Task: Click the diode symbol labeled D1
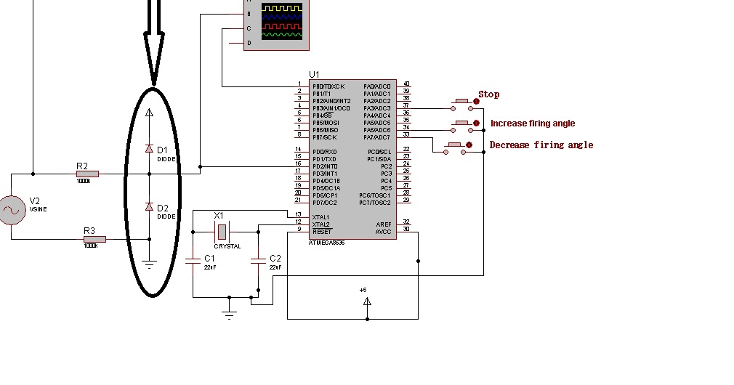(149, 149)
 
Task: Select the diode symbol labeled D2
(149, 207)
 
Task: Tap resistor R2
(86, 174)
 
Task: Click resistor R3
(94, 239)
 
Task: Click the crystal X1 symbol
(222, 232)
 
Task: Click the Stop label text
(488, 94)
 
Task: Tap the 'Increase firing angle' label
(532, 123)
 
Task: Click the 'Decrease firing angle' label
(541, 145)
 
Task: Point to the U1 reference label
(314, 74)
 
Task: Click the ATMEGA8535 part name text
(326, 243)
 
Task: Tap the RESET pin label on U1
(322, 232)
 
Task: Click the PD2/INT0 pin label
(326, 166)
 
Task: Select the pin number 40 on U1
(406, 84)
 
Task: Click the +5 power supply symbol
(367, 300)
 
